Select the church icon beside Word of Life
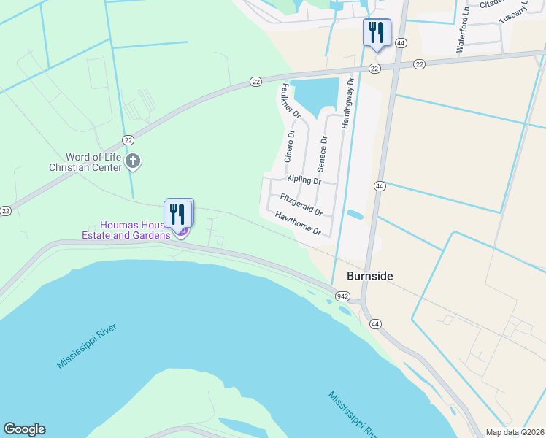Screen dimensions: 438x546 click(132, 161)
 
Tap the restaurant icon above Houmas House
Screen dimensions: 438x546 click(177, 213)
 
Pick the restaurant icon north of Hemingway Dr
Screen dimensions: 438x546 click(377, 33)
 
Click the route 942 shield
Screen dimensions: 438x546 click(343, 296)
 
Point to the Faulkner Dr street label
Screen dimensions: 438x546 click(290, 101)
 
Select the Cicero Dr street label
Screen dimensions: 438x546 click(291, 146)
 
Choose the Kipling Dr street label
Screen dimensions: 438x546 click(304, 180)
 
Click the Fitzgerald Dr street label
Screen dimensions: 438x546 click(301, 204)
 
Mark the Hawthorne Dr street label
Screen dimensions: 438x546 click(298, 223)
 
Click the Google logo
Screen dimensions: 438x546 click(24, 429)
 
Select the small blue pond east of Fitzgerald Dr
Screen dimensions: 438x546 click(355, 215)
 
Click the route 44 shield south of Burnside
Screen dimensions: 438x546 click(375, 323)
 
